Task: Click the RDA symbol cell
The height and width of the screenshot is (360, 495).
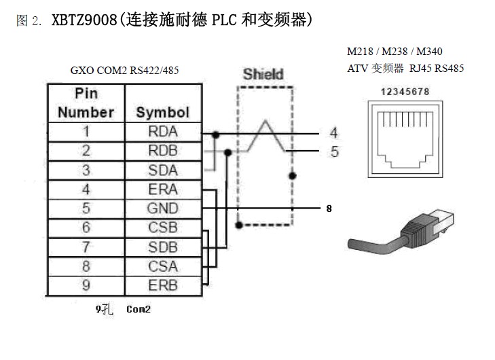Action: (x=163, y=132)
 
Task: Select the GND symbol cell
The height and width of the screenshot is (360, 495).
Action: (x=163, y=209)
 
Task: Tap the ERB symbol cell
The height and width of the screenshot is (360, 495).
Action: (x=163, y=285)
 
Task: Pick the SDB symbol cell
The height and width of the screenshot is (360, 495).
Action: (x=163, y=247)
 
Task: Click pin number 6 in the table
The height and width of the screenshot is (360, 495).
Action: (x=86, y=228)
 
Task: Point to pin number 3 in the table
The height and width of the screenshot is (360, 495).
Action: (x=86, y=170)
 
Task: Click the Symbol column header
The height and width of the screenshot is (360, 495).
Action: (x=163, y=113)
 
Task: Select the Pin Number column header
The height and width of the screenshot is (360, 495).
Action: (x=86, y=103)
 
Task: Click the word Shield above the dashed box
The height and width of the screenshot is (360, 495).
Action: (x=263, y=75)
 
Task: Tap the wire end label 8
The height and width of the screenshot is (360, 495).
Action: (x=329, y=209)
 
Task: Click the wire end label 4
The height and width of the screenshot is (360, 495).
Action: (x=334, y=132)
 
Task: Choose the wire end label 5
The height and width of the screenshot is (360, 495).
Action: (x=335, y=151)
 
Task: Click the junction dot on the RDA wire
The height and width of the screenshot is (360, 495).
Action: (x=216, y=135)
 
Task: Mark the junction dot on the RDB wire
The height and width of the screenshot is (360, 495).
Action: (x=227, y=153)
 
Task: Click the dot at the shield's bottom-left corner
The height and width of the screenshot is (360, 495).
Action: (x=239, y=225)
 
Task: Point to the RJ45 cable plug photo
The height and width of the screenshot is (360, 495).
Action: (x=401, y=232)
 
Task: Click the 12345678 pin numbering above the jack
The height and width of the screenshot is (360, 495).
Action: (x=405, y=92)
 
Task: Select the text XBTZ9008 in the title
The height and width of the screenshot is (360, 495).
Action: (x=84, y=20)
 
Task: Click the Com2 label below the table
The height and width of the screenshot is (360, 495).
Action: (x=139, y=309)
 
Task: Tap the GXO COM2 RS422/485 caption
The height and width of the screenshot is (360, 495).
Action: (x=124, y=70)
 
